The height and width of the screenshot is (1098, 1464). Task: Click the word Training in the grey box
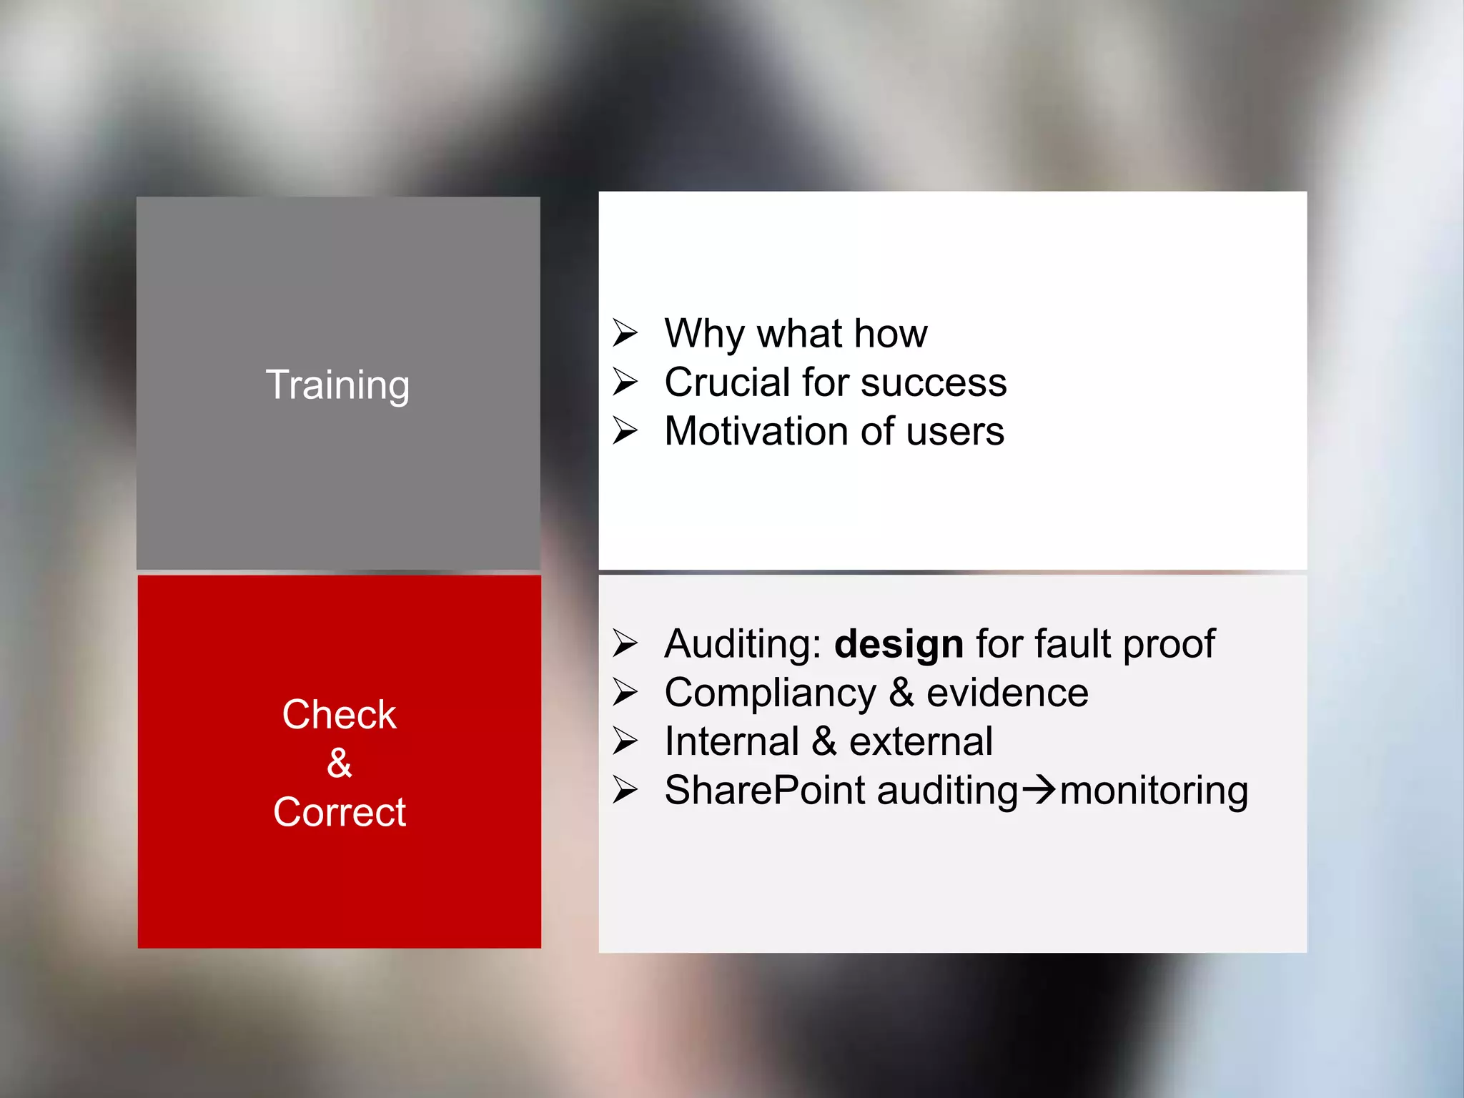(x=337, y=385)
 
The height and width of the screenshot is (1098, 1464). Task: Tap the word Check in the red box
(x=339, y=714)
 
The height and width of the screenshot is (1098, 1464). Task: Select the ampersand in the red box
(x=339, y=763)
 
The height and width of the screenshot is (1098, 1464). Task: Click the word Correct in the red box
(x=339, y=812)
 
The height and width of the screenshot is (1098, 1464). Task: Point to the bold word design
(x=899, y=644)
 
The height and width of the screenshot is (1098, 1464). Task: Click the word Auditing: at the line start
(x=743, y=644)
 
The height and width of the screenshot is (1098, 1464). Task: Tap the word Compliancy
(x=770, y=693)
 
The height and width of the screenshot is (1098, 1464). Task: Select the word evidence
(x=1007, y=693)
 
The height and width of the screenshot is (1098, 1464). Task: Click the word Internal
(x=731, y=741)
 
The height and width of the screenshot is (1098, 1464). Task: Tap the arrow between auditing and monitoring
(x=1039, y=791)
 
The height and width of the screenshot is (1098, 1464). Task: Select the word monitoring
(x=1154, y=791)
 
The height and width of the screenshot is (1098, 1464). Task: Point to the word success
(x=934, y=383)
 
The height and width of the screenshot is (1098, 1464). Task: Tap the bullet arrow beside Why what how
(x=625, y=333)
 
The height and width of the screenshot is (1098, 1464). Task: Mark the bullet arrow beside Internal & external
(x=625, y=741)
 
